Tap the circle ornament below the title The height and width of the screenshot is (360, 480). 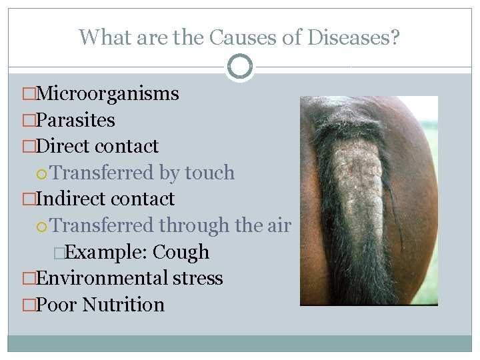click(240, 67)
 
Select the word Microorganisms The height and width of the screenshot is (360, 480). click(107, 93)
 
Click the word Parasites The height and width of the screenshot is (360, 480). click(75, 120)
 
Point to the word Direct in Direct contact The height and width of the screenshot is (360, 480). click(64, 146)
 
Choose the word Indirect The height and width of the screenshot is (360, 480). click(71, 199)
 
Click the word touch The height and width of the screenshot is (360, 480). click(210, 173)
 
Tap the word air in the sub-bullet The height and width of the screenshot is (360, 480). click(279, 225)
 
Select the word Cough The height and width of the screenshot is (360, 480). click(181, 252)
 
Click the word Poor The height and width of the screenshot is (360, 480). click(56, 305)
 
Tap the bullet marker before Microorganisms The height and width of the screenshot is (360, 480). click(29, 94)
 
